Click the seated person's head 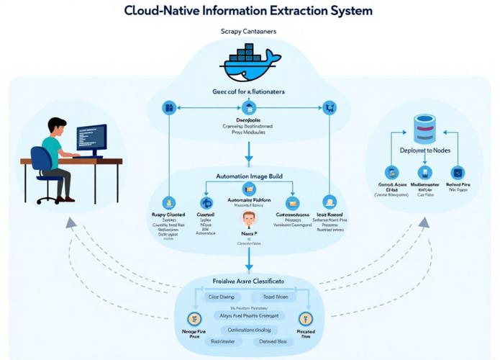(x=55, y=127)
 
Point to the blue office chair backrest (x=38, y=160)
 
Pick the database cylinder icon (x=424, y=128)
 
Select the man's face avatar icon (x=248, y=219)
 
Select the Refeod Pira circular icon (x=455, y=172)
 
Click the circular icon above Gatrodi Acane (x=391, y=172)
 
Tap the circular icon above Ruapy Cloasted (x=169, y=203)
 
